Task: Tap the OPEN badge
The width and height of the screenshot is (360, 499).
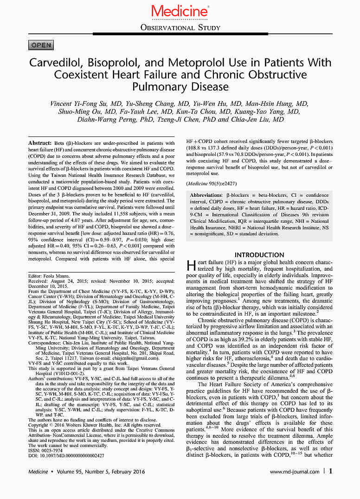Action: click(41, 45)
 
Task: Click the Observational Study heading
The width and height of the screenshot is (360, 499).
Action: click(180, 28)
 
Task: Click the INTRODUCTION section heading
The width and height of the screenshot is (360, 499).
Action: click(259, 255)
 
